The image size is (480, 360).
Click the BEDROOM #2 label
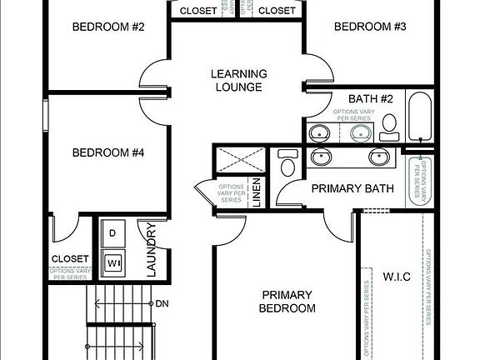[108, 27]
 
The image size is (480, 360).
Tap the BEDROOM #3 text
[370, 27]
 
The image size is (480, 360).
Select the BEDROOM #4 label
[108, 152]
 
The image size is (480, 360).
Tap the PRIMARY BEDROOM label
[288, 302]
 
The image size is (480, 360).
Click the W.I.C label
[396, 276]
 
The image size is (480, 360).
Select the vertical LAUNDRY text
[152, 248]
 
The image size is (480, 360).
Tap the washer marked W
[113, 263]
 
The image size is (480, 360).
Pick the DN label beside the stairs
[162, 303]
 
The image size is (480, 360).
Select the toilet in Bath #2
[388, 126]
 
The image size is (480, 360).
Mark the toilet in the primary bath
[288, 163]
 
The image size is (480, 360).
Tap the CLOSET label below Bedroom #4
[69, 259]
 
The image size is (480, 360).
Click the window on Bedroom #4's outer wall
[46, 125]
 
